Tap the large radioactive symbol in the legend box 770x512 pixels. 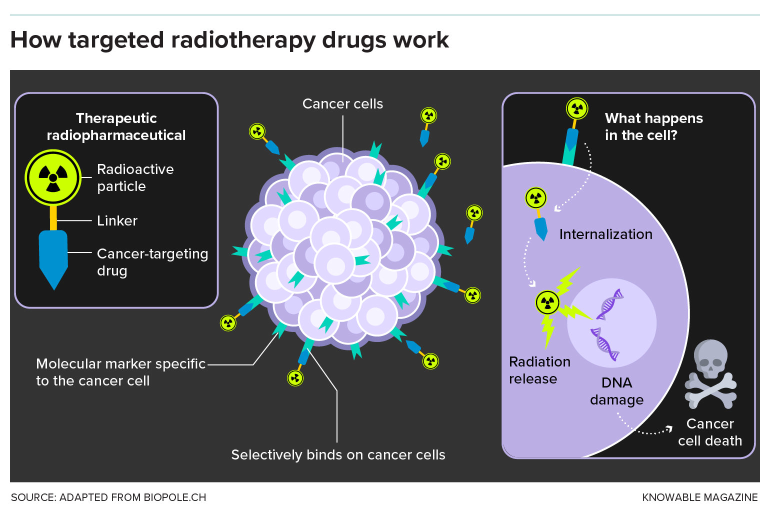pyautogui.click(x=53, y=177)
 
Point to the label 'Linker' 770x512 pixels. pyautogui.click(x=117, y=220)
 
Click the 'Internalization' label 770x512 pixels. pyautogui.click(x=605, y=234)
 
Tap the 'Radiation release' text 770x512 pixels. pyautogui.click(x=539, y=370)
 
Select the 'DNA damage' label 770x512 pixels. pyautogui.click(x=616, y=391)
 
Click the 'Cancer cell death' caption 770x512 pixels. pyautogui.click(x=710, y=432)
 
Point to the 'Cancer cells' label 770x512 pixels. pyautogui.click(x=342, y=104)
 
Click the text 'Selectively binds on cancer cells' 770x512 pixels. pyautogui.click(x=338, y=455)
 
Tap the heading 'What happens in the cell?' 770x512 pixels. pyautogui.click(x=653, y=126)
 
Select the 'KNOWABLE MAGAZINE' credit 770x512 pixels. pyautogui.click(x=699, y=497)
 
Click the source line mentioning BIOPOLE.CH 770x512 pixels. pyautogui.click(x=108, y=497)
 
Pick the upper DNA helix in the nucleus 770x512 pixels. pyautogui.click(x=610, y=304)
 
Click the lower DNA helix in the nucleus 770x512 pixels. pyautogui.click(x=605, y=344)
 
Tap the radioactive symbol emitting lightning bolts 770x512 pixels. pyautogui.click(x=547, y=302)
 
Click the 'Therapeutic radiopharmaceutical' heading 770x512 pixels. pyautogui.click(x=116, y=126)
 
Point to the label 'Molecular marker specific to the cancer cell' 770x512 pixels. pyautogui.click(x=120, y=372)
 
